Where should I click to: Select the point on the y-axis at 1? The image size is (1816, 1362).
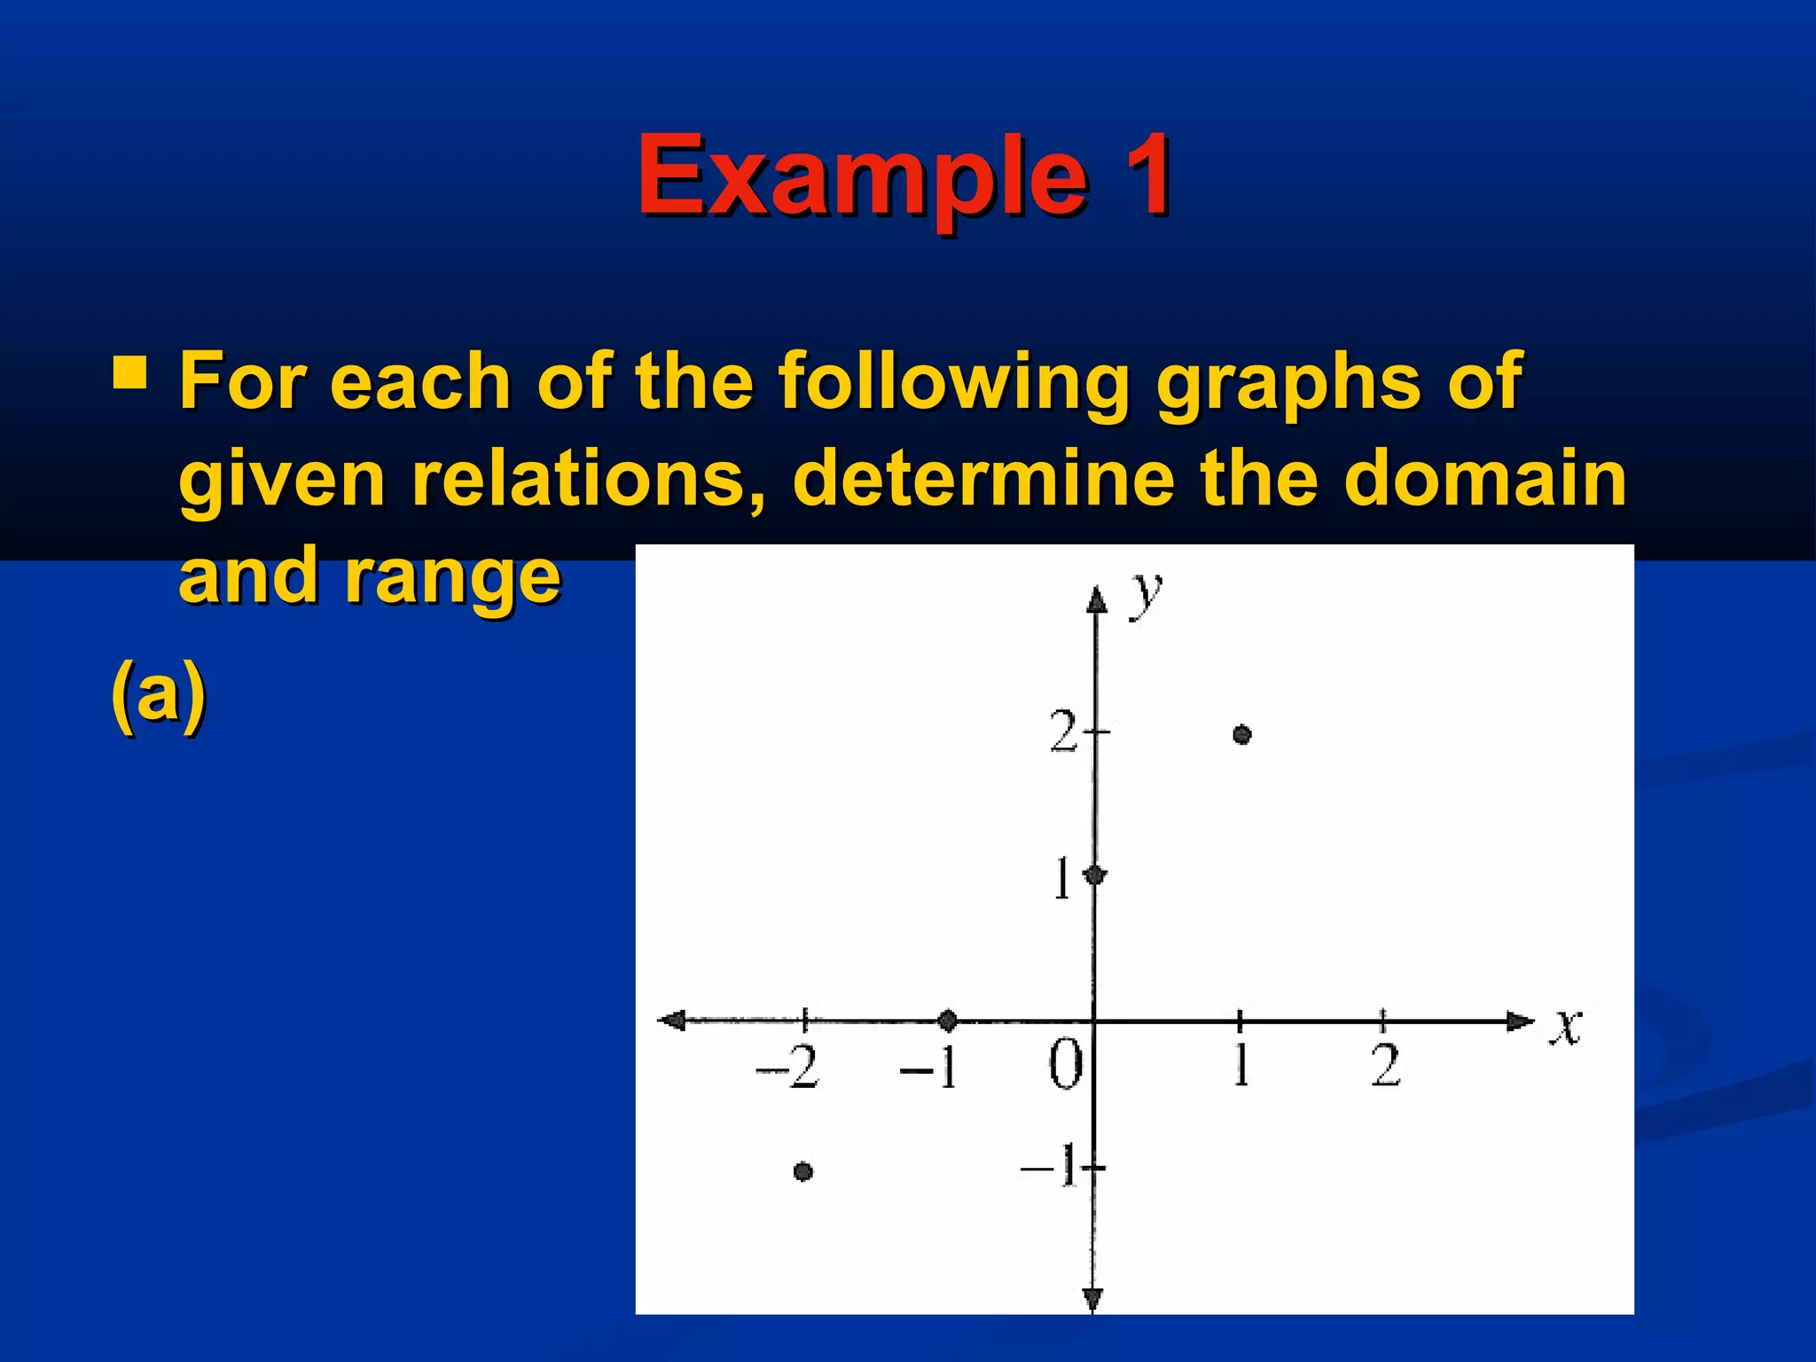point(1095,876)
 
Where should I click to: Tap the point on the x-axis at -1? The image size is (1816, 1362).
point(947,1021)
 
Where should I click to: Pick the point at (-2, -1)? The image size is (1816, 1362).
point(803,1171)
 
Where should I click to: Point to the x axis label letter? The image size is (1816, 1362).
point(1567,1027)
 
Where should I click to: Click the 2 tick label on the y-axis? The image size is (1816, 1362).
point(1063,732)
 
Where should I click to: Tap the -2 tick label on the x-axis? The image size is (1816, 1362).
point(788,1066)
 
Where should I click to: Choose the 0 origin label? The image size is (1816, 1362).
point(1065,1064)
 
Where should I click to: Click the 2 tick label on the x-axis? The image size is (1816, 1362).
point(1386,1066)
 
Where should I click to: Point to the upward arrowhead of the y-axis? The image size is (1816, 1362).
point(1097,600)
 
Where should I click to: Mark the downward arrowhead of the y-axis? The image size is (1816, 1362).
point(1093,1300)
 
